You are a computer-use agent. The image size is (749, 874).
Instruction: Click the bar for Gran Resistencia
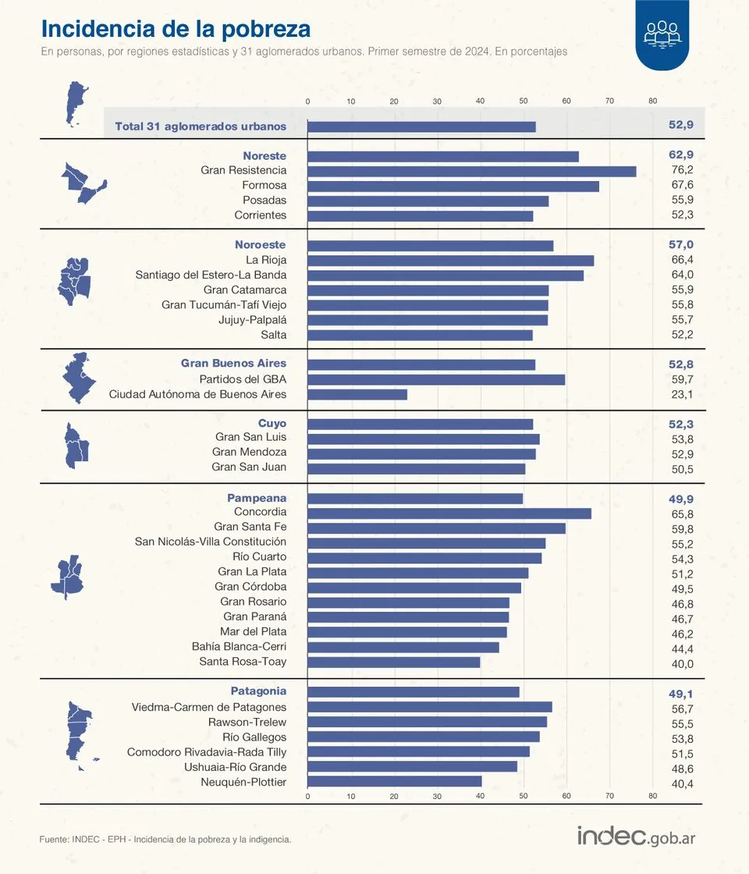[472, 171]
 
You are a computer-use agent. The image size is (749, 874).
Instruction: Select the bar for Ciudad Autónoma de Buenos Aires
[357, 395]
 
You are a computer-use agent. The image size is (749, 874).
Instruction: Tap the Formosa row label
[264, 186]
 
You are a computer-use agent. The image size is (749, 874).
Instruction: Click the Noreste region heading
[264, 156]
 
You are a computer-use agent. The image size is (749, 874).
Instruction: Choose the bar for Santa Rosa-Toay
[394, 663]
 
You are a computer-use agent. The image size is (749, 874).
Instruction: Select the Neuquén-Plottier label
[243, 782]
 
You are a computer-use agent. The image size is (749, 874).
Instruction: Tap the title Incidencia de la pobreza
[176, 29]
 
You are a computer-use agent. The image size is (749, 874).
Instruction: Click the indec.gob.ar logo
[636, 836]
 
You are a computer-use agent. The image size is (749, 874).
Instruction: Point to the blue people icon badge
[662, 34]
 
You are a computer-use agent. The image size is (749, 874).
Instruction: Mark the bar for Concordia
[449, 513]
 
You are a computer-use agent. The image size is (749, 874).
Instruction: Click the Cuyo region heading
[272, 424]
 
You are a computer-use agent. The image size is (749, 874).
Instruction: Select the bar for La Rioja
[451, 261]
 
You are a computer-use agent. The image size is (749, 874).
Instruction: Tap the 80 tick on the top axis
[652, 101]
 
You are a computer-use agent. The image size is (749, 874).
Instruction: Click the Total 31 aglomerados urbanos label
[201, 126]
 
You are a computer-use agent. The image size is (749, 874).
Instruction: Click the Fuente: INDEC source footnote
[165, 840]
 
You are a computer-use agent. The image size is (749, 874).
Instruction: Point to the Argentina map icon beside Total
[76, 103]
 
